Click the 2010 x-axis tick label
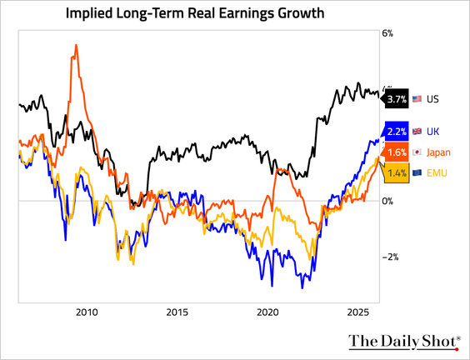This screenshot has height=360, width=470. click(86, 312)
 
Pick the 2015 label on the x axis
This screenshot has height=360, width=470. click(177, 312)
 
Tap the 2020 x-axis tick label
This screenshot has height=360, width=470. click(267, 312)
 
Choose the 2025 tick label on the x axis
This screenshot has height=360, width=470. click(358, 312)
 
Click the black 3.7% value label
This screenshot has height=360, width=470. click(397, 99)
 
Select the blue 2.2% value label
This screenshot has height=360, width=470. click(397, 132)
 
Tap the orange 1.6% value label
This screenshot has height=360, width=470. click(397, 152)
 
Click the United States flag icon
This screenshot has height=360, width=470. click(417, 99)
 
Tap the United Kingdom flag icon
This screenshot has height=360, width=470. click(417, 132)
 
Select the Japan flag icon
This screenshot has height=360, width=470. click(417, 152)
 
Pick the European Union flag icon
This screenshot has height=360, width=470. click(417, 172)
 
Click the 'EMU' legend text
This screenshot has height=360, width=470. click(437, 172)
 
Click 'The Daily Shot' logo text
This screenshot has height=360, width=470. click(403, 341)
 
